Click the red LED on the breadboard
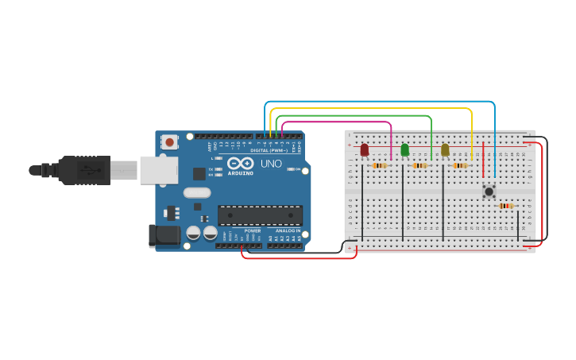(x=364, y=149)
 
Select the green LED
(x=404, y=149)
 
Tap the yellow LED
(x=445, y=149)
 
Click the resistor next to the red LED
(x=380, y=165)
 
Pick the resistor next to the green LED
(x=419, y=165)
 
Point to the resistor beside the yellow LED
(x=460, y=165)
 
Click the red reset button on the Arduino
(x=168, y=142)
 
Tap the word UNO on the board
(x=271, y=164)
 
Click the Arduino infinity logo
(x=240, y=162)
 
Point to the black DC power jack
(x=164, y=235)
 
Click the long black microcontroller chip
(x=260, y=215)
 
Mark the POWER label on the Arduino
(x=253, y=230)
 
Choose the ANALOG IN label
(x=288, y=230)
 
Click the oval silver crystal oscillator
(x=196, y=192)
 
